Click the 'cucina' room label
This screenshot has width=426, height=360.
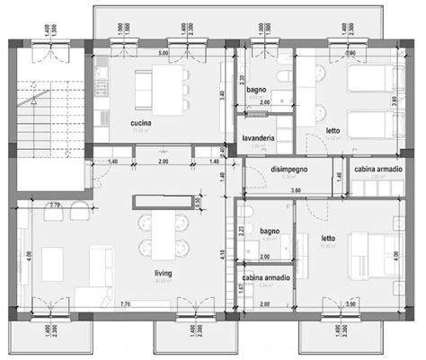point(139,123)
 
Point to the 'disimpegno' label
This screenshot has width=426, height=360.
point(288,169)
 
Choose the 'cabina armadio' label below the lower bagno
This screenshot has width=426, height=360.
point(265,278)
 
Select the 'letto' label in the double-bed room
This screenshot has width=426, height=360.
point(328,238)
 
